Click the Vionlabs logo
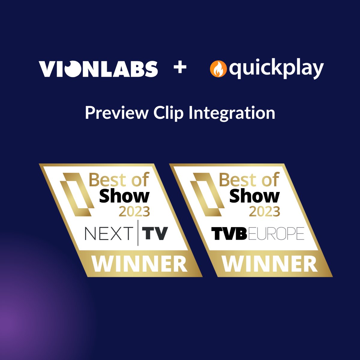98,69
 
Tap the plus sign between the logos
180,68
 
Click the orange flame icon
218,69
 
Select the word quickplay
276,69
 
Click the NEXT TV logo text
126,233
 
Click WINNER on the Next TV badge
139,264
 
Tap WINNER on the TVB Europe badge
270,264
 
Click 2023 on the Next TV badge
134,212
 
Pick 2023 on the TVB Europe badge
264,212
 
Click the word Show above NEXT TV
124,196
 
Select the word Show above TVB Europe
254,196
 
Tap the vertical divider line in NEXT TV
138,233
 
